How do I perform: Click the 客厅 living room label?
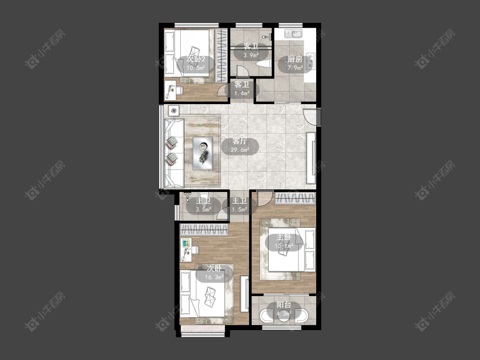pyautogui.click(x=240, y=141)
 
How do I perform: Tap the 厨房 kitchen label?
pyautogui.click(x=294, y=59)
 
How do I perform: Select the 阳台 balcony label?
pyautogui.click(x=284, y=305)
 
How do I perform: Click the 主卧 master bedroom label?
pyautogui.click(x=284, y=237)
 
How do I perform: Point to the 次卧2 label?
pyautogui.click(x=195, y=59)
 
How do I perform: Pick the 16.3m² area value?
pyautogui.click(x=214, y=277)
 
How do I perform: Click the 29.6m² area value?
pyautogui.click(x=240, y=150)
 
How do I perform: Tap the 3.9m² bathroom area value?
pyautogui.click(x=251, y=55)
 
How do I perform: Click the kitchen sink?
pyautogui.click(x=293, y=33)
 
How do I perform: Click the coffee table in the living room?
pyautogui.click(x=203, y=153)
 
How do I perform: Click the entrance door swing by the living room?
pyautogui.click(x=310, y=116)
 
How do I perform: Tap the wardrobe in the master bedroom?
pyautogui.click(x=295, y=198)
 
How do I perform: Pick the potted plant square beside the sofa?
pyautogui.click(x=174, y=110)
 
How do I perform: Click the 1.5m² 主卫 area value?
pyautogui.click(x=239, y=210)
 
